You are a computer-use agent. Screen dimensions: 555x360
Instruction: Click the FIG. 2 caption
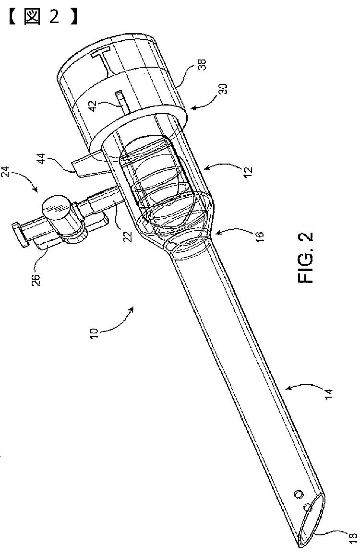pos(306,258)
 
